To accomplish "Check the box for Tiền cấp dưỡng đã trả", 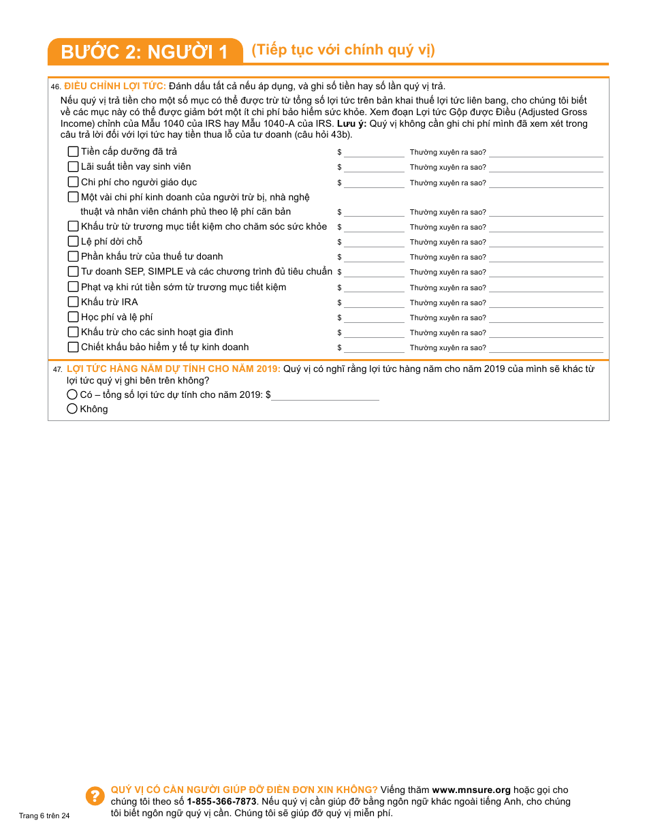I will click(74, 152).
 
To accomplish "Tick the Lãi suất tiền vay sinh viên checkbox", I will click(74, 167).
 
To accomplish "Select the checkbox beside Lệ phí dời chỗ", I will click(74, 242).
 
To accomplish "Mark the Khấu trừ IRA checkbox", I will click(74, 302).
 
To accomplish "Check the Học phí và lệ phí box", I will click(74, 317).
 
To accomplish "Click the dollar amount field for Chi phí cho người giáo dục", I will click(374, 183).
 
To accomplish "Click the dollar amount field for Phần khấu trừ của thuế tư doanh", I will click(374, 257).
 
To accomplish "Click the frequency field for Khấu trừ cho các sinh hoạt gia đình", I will click(546, 332).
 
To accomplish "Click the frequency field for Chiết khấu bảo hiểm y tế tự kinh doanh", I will click(546, 347).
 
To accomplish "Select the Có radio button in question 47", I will click(72, 394).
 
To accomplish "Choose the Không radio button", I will click(72, 409).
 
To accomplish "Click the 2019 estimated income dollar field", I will click(325, 394).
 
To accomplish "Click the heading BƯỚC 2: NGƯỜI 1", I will click(144, 52).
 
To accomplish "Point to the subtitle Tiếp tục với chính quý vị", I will click(343, 50).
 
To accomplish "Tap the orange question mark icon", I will click(94, 796).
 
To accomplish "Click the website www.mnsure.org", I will click(471, 790).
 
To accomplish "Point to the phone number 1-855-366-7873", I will click(221, 802).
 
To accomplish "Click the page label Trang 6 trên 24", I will click(44, 816).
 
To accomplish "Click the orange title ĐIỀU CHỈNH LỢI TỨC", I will click(115, 86).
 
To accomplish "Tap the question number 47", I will click(57, 369).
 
